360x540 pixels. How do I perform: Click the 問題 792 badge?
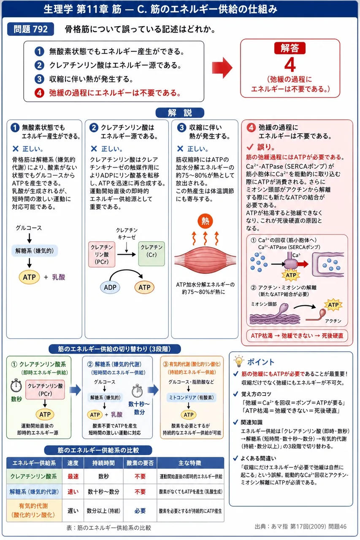tap(30, 29)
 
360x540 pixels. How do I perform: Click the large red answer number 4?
tap(290, 65)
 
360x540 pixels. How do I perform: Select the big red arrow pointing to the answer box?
tap(222, 68)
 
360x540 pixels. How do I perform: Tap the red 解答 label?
tap(290, 48)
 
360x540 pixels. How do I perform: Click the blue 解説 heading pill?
tap(180, 113)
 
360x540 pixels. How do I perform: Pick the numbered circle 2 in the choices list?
tap(39, 65)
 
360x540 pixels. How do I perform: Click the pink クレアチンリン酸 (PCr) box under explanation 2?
tap(102, 254)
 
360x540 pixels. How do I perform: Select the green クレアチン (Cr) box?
tap(152, 254)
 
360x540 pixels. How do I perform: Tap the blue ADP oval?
tap(110, 287)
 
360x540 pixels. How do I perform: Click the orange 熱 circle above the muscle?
tap(205, 221)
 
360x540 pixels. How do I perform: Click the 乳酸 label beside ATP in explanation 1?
tap(59, 277)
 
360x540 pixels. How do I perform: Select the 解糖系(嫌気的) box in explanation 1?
tap(35, 251)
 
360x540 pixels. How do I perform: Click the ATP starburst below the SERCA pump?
tap(291, 275)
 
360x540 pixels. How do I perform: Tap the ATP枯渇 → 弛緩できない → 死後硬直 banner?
tap(297, 335)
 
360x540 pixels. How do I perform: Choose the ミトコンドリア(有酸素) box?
tap(191, 397)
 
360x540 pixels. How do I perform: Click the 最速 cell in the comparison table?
tap(73, 476)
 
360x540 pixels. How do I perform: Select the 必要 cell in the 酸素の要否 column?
tap(140, 510)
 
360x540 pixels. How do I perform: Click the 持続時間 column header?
tap(103, 463)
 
